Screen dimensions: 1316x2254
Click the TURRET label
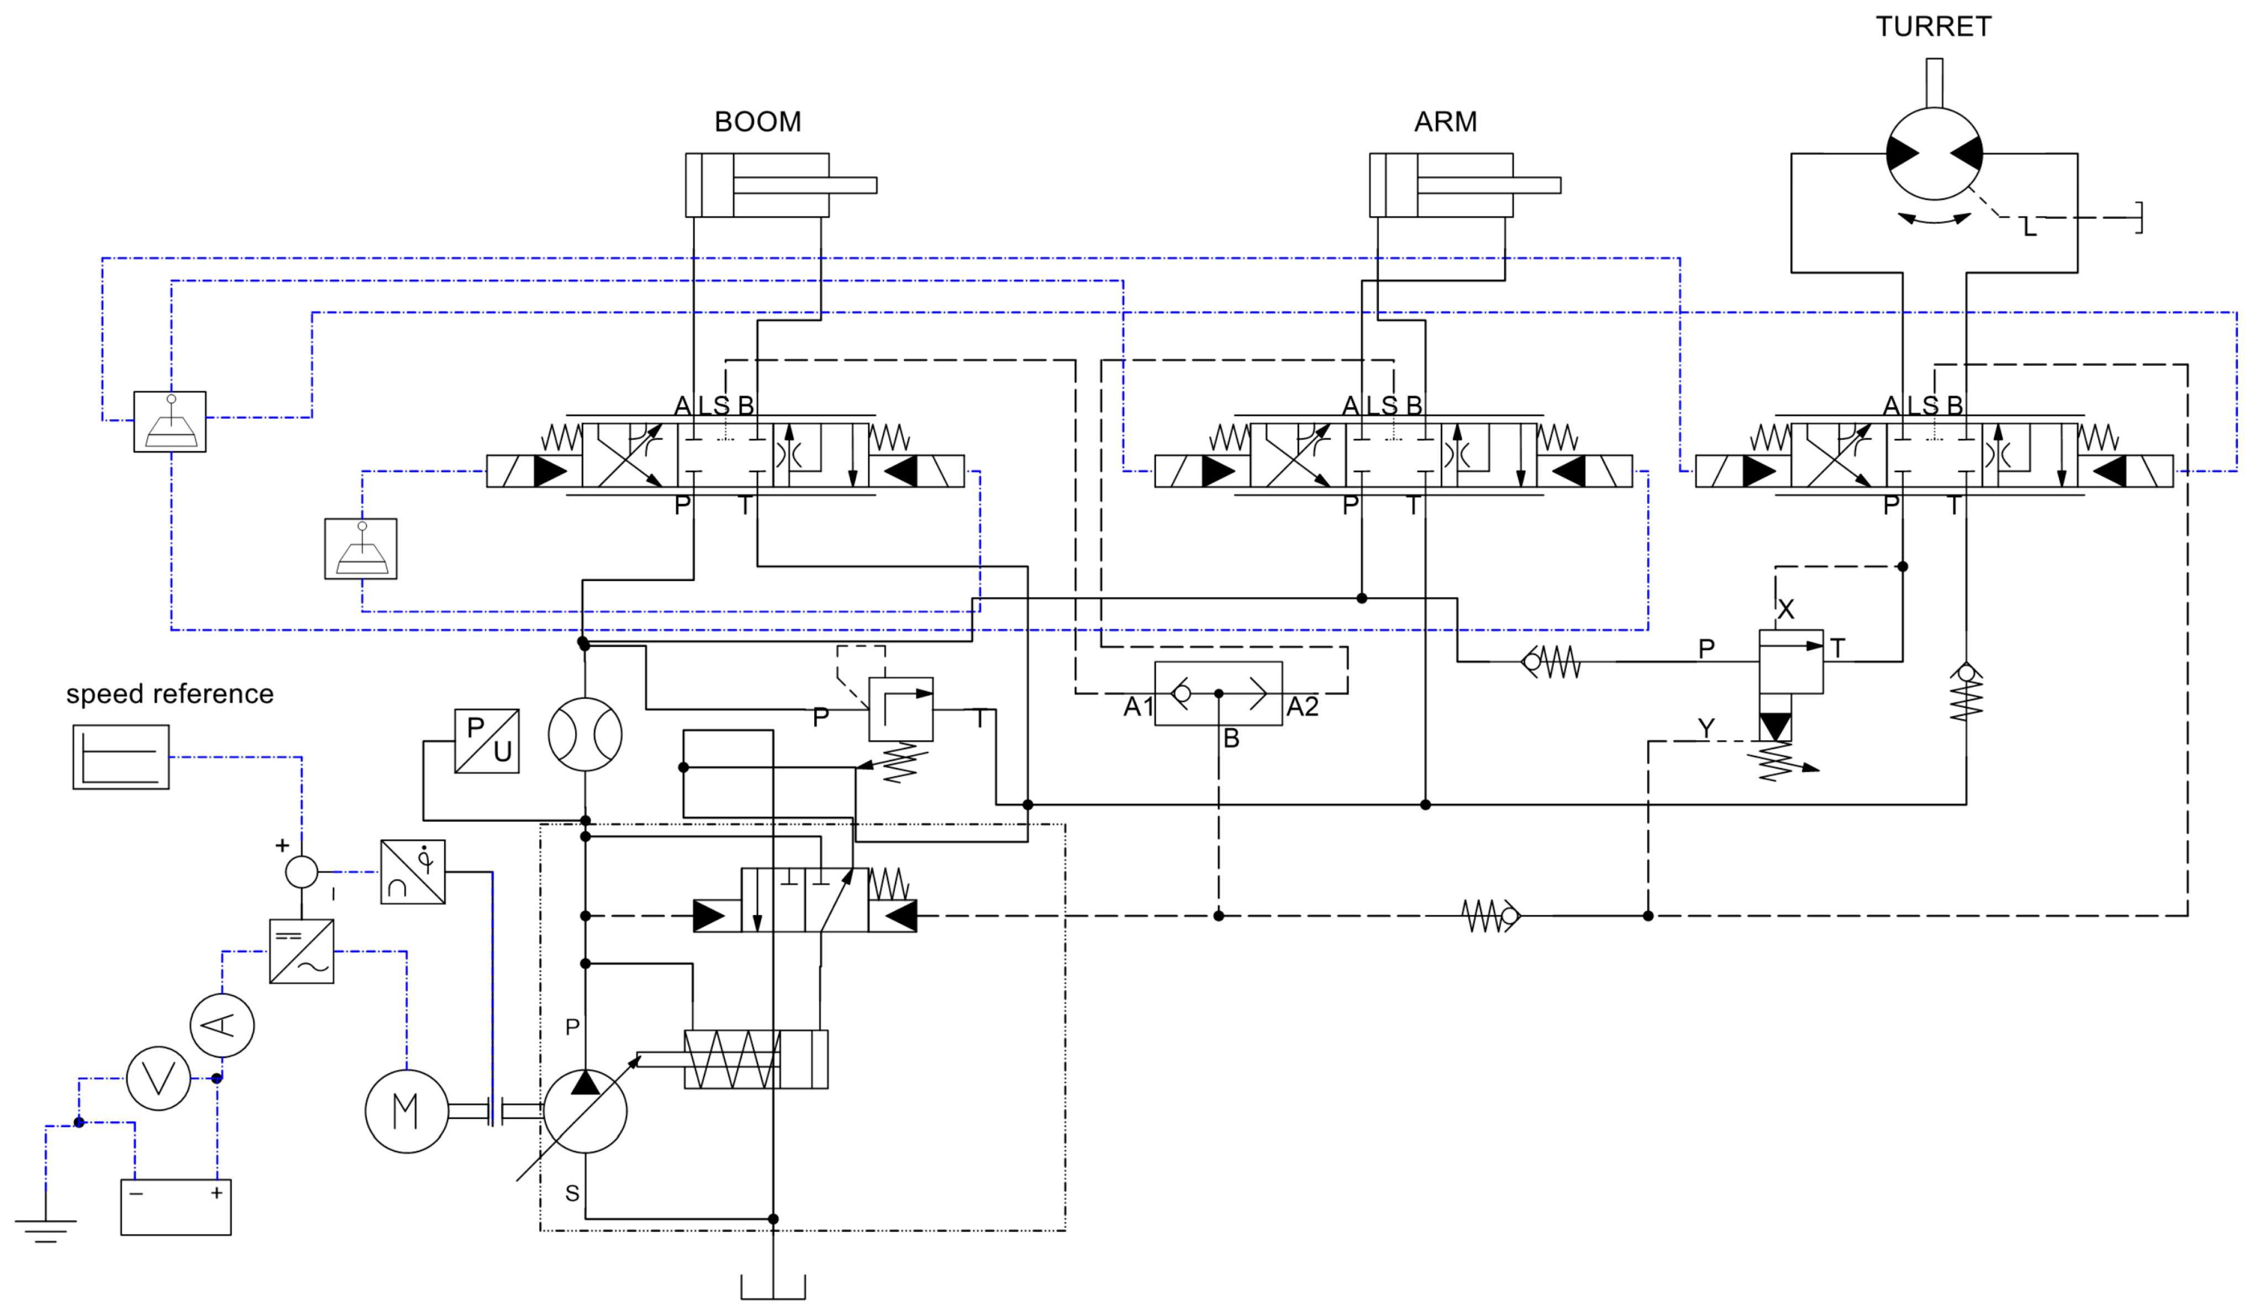(1933, 27)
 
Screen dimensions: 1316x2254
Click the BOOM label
(757, 122)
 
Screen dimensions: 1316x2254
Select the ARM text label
(1445, 122)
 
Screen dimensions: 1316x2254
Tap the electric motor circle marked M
(406, 1111)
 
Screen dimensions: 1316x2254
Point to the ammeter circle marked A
(222, 1025)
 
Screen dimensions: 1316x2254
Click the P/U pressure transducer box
(487, 741)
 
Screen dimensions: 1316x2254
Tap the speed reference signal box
(121, 757)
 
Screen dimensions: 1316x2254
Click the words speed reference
(170, 694)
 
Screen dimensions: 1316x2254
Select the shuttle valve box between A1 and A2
(1218, 693)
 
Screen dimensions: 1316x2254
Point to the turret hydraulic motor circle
(1934, 154)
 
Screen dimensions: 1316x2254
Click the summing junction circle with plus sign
(302, 871)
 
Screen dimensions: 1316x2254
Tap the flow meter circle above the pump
(585, 734)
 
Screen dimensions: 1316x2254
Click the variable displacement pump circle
(585, 1111)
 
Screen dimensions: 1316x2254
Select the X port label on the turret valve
(1786, 610)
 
